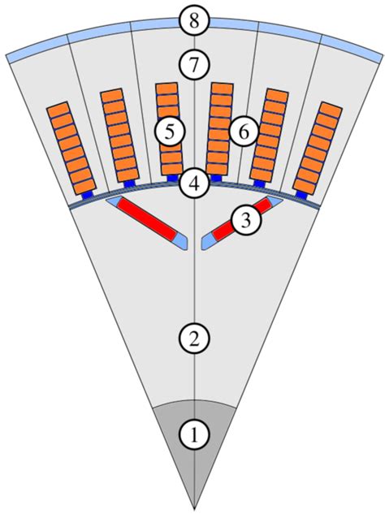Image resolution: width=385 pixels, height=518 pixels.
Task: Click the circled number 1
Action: (193, 434)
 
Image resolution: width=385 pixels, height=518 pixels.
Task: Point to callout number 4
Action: (193, 183)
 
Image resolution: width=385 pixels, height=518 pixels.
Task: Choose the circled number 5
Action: (169, 129)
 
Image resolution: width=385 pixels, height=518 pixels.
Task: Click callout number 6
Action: (243, 130)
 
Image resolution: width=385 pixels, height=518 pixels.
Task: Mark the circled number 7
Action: (193, 64)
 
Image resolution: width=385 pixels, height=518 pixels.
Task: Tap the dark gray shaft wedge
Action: (193, 455)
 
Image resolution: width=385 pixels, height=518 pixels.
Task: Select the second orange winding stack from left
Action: (120, 133)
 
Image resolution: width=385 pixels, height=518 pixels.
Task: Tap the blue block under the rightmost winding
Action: (301, 193)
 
